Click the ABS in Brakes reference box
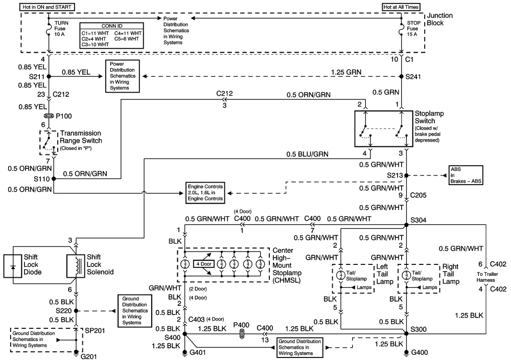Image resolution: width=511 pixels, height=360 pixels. (x=467, y=175)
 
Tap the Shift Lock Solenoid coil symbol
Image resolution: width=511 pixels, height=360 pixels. (x=76, y=264)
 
